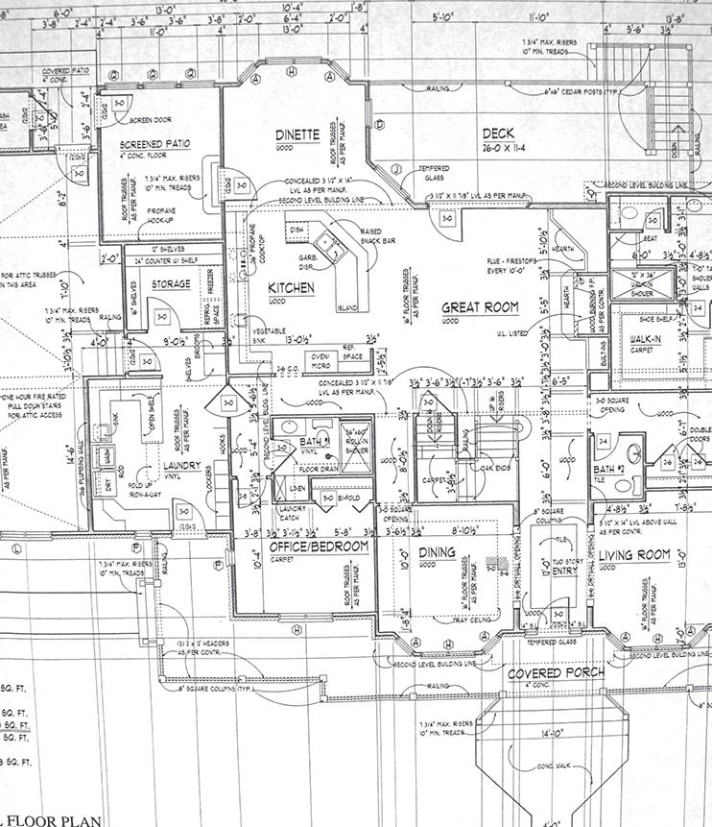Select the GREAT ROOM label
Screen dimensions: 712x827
pos(480,307)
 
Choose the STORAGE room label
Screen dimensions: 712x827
pos(172,284)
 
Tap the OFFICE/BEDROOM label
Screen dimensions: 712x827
pos(313,546)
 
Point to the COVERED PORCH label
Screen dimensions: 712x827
pos(557,672)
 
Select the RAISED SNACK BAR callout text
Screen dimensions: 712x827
pos(371,236)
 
